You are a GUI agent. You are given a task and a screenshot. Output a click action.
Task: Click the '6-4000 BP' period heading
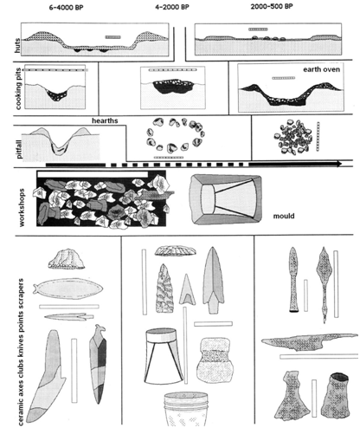pos(66,8)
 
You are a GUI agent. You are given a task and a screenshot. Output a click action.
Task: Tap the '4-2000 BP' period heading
pos(172,7)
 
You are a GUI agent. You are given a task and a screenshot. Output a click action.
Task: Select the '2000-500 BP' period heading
pos(272,7)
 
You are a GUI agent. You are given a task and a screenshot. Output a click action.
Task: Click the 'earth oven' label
pos(321,69)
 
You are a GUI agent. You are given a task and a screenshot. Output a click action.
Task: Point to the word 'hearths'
pos(105,120)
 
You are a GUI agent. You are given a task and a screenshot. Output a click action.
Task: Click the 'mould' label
pos(284,216)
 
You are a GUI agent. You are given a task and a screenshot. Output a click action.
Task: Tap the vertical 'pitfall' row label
pos(19,149)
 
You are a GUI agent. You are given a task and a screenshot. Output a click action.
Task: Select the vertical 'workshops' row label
pos(22,207)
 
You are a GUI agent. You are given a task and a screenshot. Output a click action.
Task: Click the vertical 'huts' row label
pos(17,45)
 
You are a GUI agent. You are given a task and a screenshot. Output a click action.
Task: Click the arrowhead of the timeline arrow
pos(338,165)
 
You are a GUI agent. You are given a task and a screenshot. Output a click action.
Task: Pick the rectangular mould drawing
pos(225,199)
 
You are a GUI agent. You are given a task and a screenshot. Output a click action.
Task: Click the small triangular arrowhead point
pos(187,289)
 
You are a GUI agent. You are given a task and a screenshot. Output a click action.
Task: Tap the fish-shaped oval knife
pos(67,289)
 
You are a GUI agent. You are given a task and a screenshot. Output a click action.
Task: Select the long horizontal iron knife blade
pos(309,342)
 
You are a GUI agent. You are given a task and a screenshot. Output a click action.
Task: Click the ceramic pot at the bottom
pos(186,409)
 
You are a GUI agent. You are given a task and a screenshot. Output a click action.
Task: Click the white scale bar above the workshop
pos(93,174)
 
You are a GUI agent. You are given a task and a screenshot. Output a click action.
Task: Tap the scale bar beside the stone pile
pos(318,136)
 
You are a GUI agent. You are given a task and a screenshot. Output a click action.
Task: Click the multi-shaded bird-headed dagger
pos(98,365)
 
